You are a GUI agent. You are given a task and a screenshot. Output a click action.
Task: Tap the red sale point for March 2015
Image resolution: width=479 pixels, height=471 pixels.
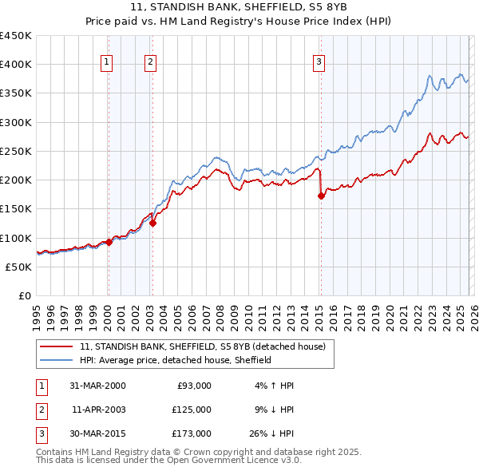tap(321, 196)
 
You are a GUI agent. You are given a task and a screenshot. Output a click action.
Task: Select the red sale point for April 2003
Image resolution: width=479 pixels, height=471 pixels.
tap(152, 224)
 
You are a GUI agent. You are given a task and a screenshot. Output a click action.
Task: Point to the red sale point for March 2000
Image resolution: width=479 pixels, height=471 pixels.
tap(109, 242)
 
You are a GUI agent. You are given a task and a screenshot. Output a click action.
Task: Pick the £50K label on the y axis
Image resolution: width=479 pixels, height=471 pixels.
tap(19, 267)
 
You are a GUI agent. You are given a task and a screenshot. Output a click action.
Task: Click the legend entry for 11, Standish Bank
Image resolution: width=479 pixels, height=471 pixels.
tap(202, 347)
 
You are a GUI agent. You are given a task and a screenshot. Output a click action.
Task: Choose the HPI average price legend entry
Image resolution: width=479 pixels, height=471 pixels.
tap(176, 361)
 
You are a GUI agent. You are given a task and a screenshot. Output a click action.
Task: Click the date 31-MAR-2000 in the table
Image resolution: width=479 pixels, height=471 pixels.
tap(97, 386)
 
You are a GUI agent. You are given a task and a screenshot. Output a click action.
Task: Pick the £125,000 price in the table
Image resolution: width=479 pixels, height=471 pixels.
tap(192, 410)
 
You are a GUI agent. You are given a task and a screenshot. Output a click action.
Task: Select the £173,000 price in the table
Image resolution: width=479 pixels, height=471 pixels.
tap(192, 433)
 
